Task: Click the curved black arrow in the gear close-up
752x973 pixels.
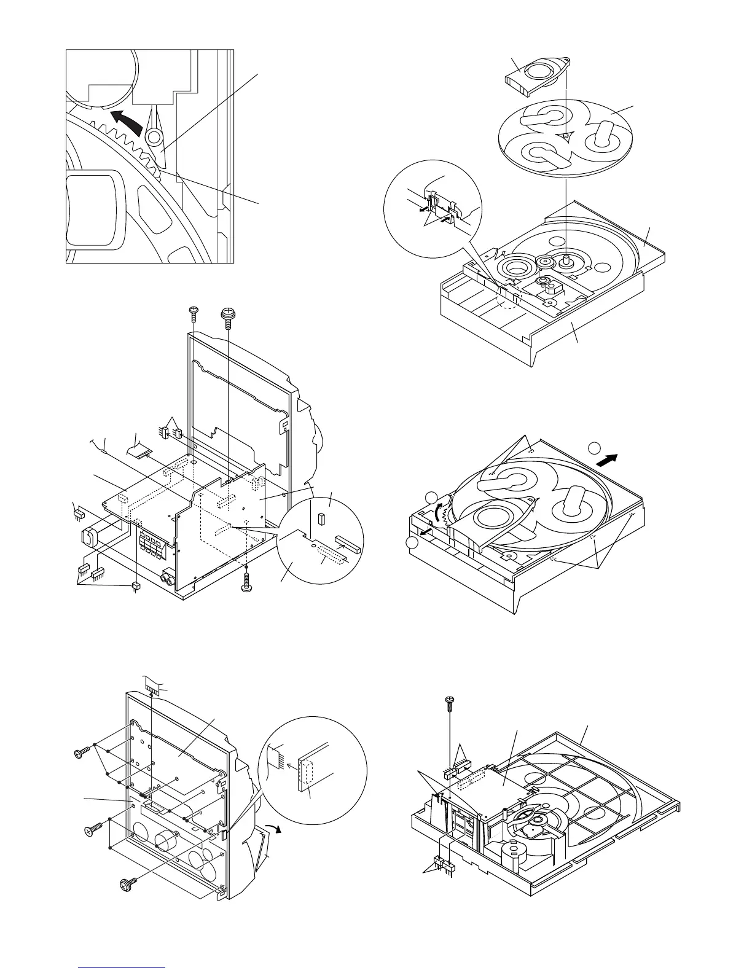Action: [125, 121]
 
